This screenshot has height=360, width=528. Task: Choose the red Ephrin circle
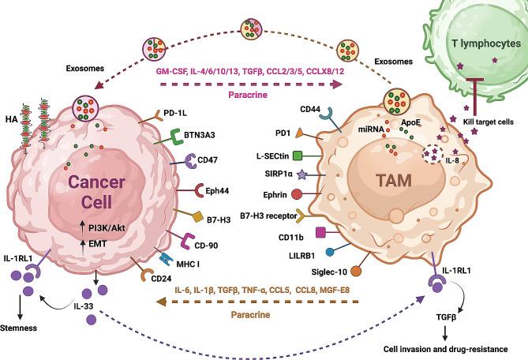click(x=300, y=193)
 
